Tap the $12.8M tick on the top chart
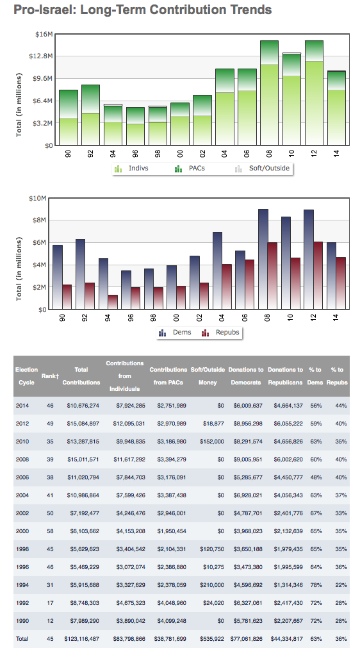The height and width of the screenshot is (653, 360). [x=41, y=56]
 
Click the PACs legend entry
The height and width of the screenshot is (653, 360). [x=190, y=169]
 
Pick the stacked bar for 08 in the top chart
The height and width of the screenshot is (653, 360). [x=269, y=93]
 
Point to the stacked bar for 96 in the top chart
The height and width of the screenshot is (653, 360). [x=135, y=126]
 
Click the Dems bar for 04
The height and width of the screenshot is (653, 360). [x=217, y=270]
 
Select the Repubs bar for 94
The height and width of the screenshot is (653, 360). [x=112, y=302]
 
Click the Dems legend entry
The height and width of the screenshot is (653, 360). [x=175, y=333]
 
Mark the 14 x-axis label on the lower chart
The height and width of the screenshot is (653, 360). [x=336, y=317]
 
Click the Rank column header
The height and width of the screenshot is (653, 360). [x=50, y=376]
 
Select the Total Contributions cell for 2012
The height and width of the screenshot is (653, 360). [x=83, y=423]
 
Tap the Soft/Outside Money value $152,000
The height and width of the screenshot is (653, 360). [x=212, y=441]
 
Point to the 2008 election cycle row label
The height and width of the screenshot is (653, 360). [x=22, y=459]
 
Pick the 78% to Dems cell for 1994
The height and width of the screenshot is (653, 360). [x=316, y=584]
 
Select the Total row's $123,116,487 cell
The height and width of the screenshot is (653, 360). [x=81, y=638]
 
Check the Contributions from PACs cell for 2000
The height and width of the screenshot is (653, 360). [x=172, y=531]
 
